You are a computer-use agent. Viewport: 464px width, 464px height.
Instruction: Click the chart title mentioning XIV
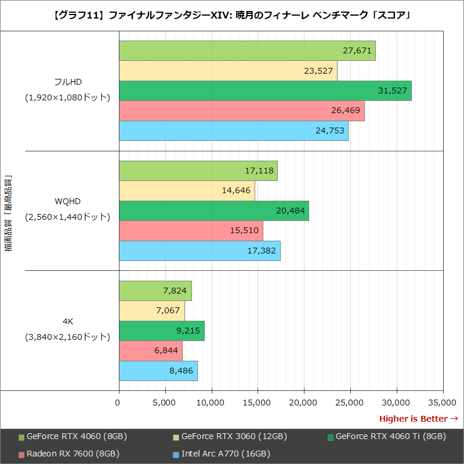pos(232,16)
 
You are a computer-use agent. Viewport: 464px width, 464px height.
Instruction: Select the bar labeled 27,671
pos(247,51)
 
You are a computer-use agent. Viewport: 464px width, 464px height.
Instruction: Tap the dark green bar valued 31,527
pos(265,91)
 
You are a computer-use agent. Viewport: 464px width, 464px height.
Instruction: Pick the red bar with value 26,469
pos(241,111)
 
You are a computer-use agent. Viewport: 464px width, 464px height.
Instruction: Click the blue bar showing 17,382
pos(200,251)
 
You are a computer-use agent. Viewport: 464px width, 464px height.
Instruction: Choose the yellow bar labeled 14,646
pos(187,191)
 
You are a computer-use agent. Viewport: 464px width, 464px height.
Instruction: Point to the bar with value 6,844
pos(151,351)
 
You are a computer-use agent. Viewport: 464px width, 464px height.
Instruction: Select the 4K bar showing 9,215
pos(161,331)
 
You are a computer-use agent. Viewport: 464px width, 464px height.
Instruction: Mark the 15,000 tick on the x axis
pos(258,402)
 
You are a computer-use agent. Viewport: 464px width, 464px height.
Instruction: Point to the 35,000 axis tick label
pos(442,402)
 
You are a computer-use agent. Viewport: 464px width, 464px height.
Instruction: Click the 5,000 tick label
pos(165,402)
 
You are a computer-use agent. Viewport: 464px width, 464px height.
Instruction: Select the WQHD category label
pos(67,201)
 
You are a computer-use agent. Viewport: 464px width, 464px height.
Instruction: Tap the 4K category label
pos(67,321)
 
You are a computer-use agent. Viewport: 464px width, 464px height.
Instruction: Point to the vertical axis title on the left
pos(8,215)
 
